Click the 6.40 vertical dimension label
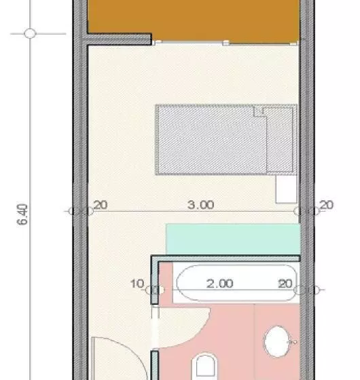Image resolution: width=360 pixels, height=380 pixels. (x=22, y=214)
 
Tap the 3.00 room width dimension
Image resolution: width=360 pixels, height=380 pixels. (x=201, y=205)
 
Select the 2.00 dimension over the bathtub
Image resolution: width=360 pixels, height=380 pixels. (x=220, y=284)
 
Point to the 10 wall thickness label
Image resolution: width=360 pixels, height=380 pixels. (x=137, y=284)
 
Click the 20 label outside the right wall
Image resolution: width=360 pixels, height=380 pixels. (x=327, y=205)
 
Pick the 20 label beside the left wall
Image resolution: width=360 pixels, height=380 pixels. (x=101, y=205)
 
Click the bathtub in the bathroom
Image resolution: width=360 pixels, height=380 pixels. (x=237, y=283)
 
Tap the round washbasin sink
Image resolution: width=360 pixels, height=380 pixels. (x=277, y=341)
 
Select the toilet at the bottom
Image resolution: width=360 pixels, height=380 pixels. (x=205, y=366)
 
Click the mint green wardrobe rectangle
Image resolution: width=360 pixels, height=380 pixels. (x=233, y=239)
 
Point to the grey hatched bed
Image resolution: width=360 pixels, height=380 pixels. (x=226, y=140)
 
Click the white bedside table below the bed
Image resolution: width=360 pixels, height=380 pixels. (x=286, y=189)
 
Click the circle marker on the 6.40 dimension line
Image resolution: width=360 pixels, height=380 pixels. (x=30, y=33)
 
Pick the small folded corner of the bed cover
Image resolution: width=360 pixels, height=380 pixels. (x=260, y=111)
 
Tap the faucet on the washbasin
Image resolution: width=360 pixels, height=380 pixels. (x=293, y=342)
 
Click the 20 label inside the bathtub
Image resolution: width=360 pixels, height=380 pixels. (x=285, y=284)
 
